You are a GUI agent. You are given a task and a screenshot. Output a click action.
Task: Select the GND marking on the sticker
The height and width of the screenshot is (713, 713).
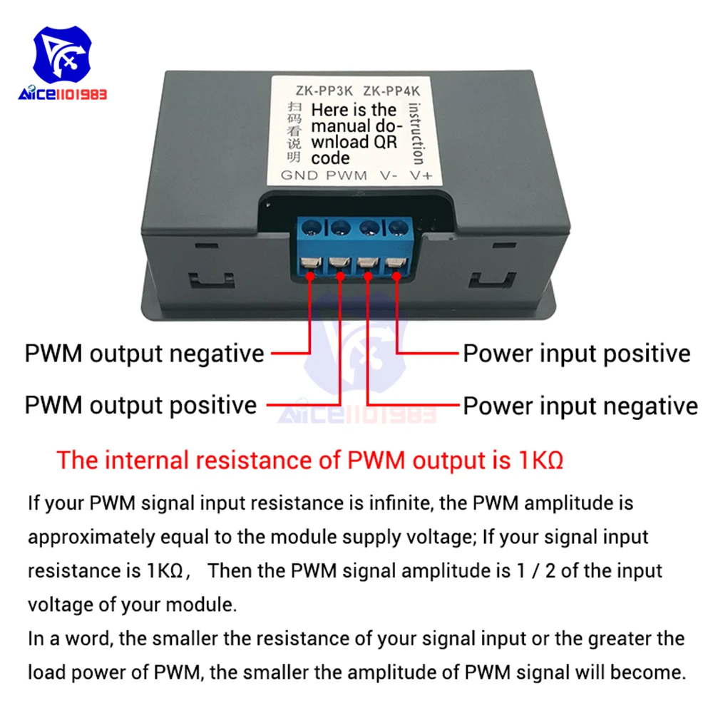tap(299, 175)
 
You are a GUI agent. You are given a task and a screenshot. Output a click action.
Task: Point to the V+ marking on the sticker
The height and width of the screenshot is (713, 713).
tap(421, 175)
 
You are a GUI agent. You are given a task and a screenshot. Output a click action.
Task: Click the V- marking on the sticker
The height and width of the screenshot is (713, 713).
tap(389, 175)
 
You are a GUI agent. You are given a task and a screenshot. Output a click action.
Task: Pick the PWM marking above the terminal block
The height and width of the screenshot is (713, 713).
tap(347, 175)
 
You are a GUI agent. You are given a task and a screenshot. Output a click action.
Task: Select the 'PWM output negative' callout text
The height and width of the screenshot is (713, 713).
tap(144, 354)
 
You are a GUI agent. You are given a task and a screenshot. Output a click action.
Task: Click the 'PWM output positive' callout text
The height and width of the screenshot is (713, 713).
tap(140, 405)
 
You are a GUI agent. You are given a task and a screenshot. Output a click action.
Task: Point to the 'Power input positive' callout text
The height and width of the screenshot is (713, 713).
tap(577, 354)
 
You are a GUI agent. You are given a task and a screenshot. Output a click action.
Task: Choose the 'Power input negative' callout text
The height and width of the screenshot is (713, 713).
tap(580, 406)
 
